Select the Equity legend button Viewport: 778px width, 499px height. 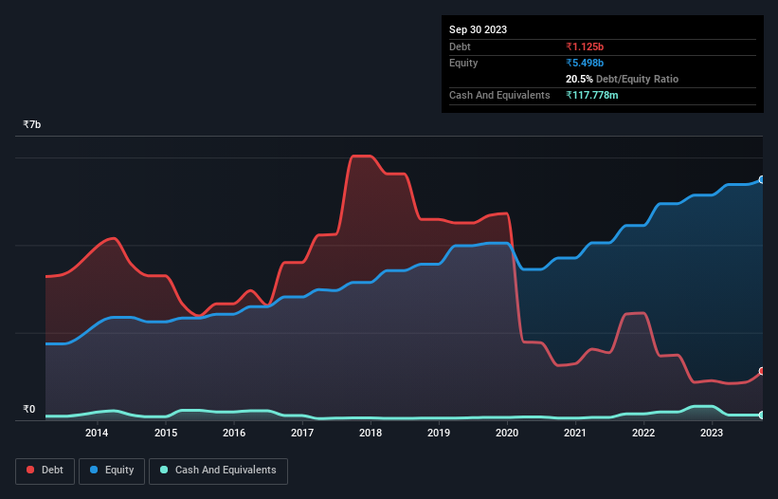(x=112, y=471)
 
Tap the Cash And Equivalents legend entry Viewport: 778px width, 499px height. (x=218, y=471)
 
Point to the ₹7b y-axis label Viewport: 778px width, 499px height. (x=32, y=125)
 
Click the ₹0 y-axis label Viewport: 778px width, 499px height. (x=28, y=410)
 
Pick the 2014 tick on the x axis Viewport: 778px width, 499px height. (x=97, y=434)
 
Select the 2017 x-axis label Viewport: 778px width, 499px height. (x=302, y=434)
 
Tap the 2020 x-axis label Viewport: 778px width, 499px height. (x=507, y=434)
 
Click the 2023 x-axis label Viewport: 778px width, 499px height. (x=712, y=434)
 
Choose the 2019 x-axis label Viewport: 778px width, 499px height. (x=439, y=434)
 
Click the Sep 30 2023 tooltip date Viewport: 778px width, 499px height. (x=479, y=29)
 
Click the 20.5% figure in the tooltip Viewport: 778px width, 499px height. (x=579, y=79)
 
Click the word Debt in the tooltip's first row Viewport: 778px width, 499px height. (x=461, y=46)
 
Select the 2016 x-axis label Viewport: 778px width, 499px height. (x=234, y=434)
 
